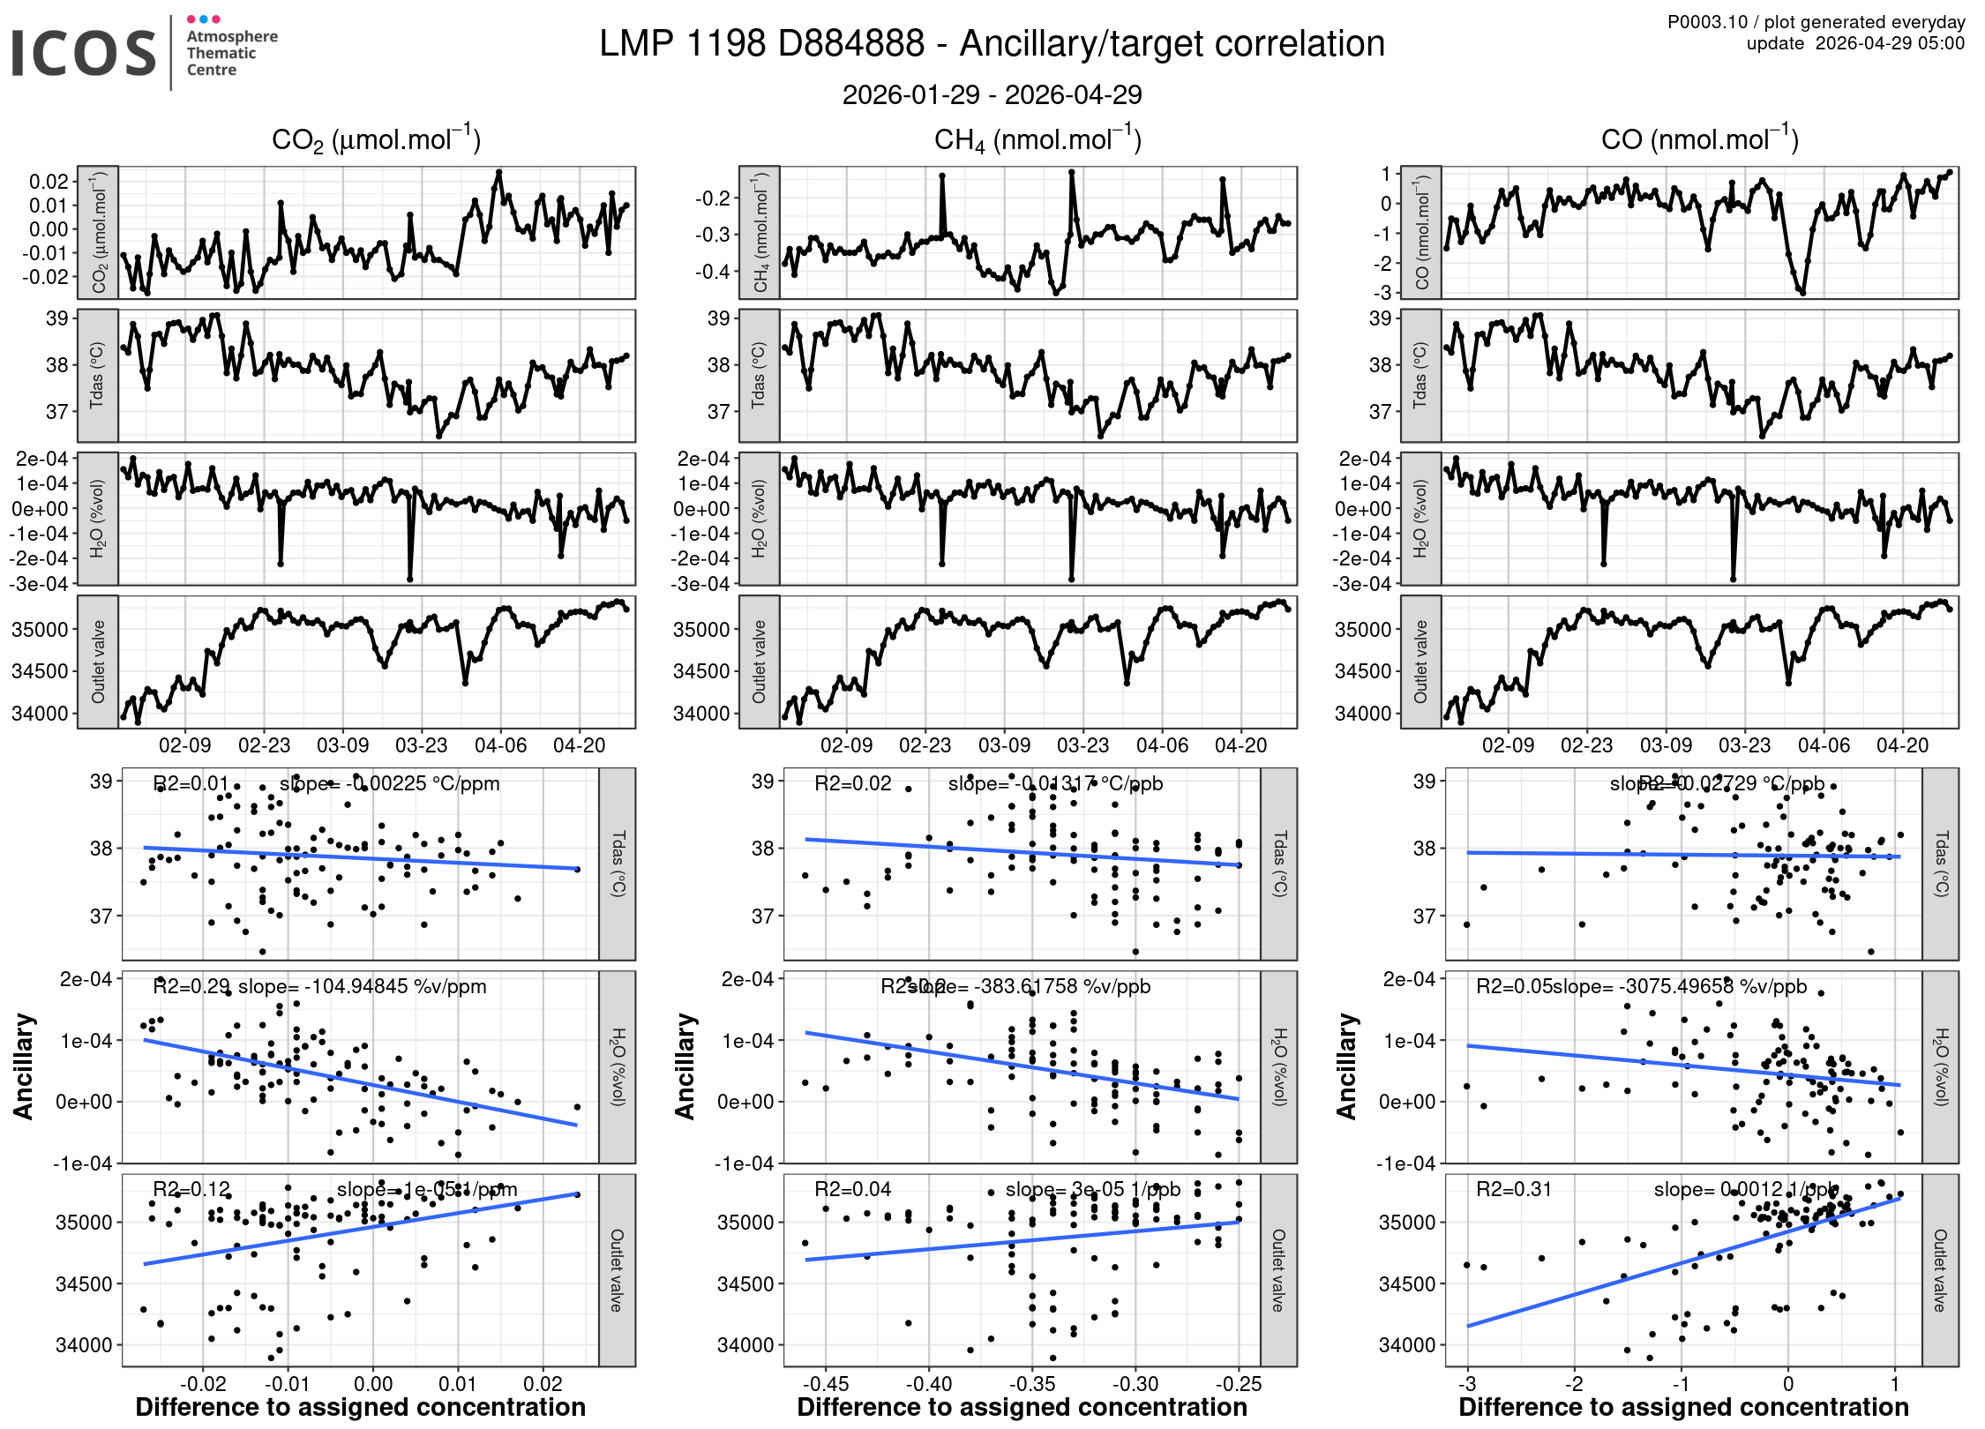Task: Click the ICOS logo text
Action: (x=84, y=53)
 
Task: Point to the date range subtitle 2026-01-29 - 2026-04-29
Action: (x=992, y=94)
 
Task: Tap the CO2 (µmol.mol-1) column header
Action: (x=376, y=139)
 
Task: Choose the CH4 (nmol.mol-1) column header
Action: (x=1037, y=139)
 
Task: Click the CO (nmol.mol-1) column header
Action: (x=1699, y=139)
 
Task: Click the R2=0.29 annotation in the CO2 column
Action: (x=191, y=986)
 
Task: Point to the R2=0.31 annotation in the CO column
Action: (x=1514, y=1189)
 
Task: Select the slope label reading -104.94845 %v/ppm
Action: (x=363, y=986)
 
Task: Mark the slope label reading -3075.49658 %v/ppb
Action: (x=1680, y=986)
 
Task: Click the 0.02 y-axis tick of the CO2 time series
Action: (x=49, y=182)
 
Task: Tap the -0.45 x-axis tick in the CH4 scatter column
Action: (x=827, y=1384)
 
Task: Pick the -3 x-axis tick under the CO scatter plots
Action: (x=1467, y=1384)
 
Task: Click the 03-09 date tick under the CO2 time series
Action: (x=342, y=745)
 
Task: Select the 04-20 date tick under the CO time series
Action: (x=1902, y=745)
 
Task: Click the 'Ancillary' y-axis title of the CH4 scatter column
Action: (x=685, y=1066)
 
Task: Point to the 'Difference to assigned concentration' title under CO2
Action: (x=360, y=1407)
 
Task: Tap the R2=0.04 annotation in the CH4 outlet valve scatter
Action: (x=853, y=1189)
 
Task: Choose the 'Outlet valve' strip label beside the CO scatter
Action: (x=1940, y=1270)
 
